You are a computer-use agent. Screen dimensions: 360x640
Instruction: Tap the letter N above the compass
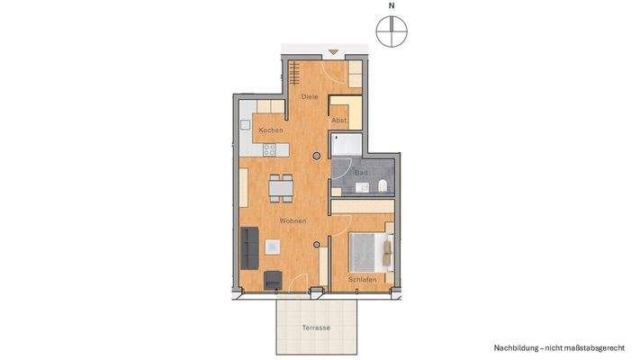tap(391, 6)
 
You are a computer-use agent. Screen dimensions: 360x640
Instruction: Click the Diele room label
tap(309, 96)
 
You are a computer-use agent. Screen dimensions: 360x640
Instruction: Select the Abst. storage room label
tap(338, 120)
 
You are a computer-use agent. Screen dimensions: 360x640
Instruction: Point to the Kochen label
tap(271, 130)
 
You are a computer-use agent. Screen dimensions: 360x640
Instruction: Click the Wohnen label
tap(293, 220)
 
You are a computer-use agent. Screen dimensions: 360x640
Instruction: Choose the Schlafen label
tap(361, 279)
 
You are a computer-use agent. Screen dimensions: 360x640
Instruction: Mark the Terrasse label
tap(316, 328)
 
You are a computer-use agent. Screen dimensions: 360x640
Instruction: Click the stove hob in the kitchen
tap(270, 150)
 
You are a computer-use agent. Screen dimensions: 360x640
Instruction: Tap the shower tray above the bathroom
tap(347, 145)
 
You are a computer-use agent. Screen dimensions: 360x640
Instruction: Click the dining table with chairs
tap(281, 186)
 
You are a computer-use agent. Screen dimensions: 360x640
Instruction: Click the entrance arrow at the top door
tap(333, 53)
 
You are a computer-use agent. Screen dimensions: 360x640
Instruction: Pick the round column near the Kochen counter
tap(315, 157)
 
